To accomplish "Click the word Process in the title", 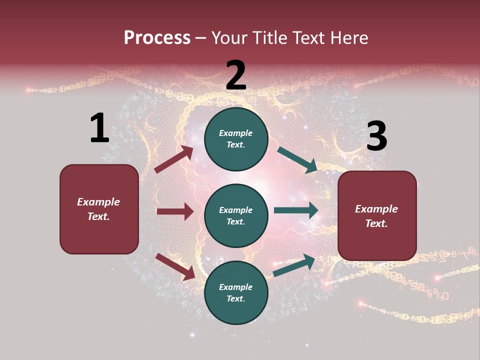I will coord(157,37).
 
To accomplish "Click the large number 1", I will coord(99,128).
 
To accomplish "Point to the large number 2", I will coord(236,76).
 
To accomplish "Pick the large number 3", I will coord(376,136).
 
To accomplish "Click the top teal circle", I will coord(236,139).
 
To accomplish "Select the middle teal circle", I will coord(236,215).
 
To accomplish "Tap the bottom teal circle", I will coord(236,292).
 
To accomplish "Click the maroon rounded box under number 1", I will coord(99,209).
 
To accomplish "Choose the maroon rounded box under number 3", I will coord(377,216).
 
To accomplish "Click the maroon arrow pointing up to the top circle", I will coord(174,159).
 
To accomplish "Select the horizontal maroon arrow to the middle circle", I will coord(175,211).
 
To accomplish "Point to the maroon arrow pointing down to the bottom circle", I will coord(175,266).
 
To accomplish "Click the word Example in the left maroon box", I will coord(98,202).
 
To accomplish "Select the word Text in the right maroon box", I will coord(375,223).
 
